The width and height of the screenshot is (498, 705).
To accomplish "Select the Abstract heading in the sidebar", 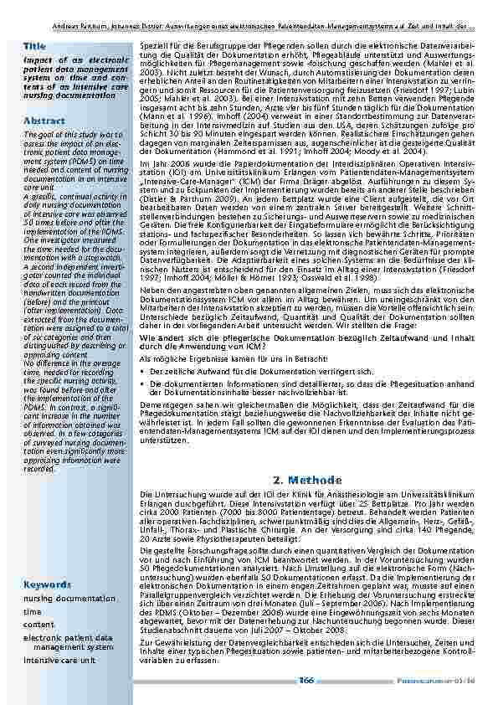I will tap(44, 121).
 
